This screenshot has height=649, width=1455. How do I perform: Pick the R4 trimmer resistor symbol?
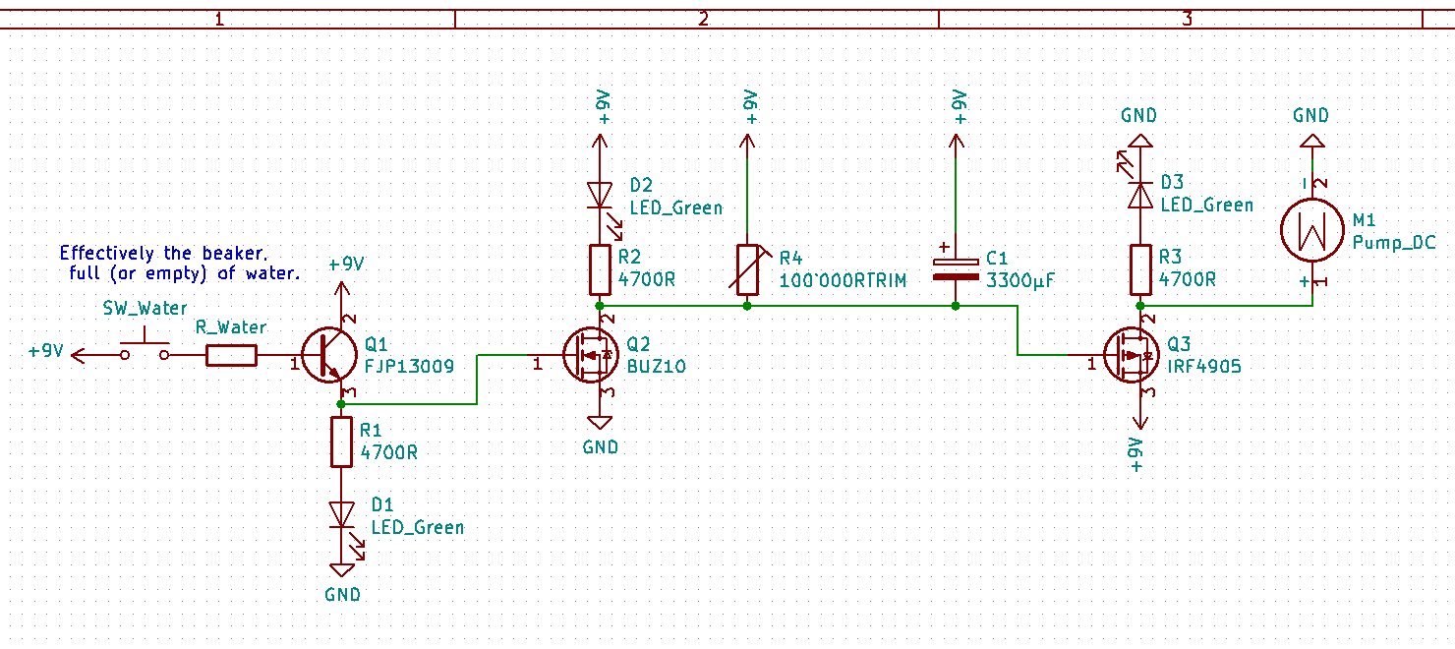(x=747, y=270)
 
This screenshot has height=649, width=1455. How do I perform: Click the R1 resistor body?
(x=341, y=442)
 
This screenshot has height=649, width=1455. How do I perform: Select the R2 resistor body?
(x=601, y=270)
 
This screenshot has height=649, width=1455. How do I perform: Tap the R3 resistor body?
(x=1139, y=270)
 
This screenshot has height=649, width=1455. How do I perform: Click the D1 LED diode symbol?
(x=341, y=514)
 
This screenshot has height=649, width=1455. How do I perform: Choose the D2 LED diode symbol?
(x=601, y=194)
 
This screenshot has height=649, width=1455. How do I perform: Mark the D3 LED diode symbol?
(x=1139, y=194)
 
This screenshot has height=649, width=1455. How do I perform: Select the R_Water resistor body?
(x=232, y=355)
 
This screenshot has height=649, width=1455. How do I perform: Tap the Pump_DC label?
(x=1394, y=242)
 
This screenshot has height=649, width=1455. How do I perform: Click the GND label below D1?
(x=342, y=594)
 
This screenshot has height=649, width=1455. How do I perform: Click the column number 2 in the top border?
(x=702, y=19)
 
